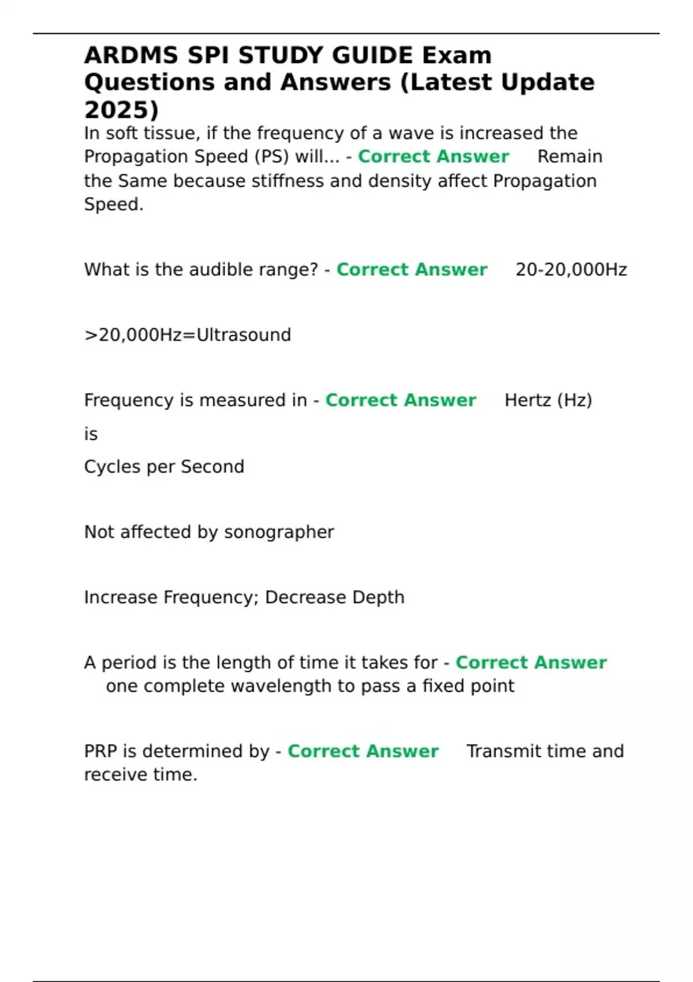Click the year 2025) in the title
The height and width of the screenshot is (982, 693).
[x=121, y=110]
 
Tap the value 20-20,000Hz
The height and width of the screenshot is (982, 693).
[x=571, y=270]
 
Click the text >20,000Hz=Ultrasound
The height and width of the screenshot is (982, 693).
[x=188, y=335]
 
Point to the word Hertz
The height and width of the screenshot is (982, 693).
[x=527, y=400]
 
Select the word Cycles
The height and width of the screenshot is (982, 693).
[x=113, y=467]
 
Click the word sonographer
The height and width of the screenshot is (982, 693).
[x=279, y=532]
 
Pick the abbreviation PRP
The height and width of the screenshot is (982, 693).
[x=101, y=751]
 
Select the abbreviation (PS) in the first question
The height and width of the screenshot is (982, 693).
[x=271, y=157]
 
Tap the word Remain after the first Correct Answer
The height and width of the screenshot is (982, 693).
[x=570, y=157]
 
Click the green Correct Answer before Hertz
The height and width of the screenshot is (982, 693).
[x=401, y=400]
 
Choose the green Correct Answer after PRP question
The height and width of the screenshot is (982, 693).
[x=363, y=751]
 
